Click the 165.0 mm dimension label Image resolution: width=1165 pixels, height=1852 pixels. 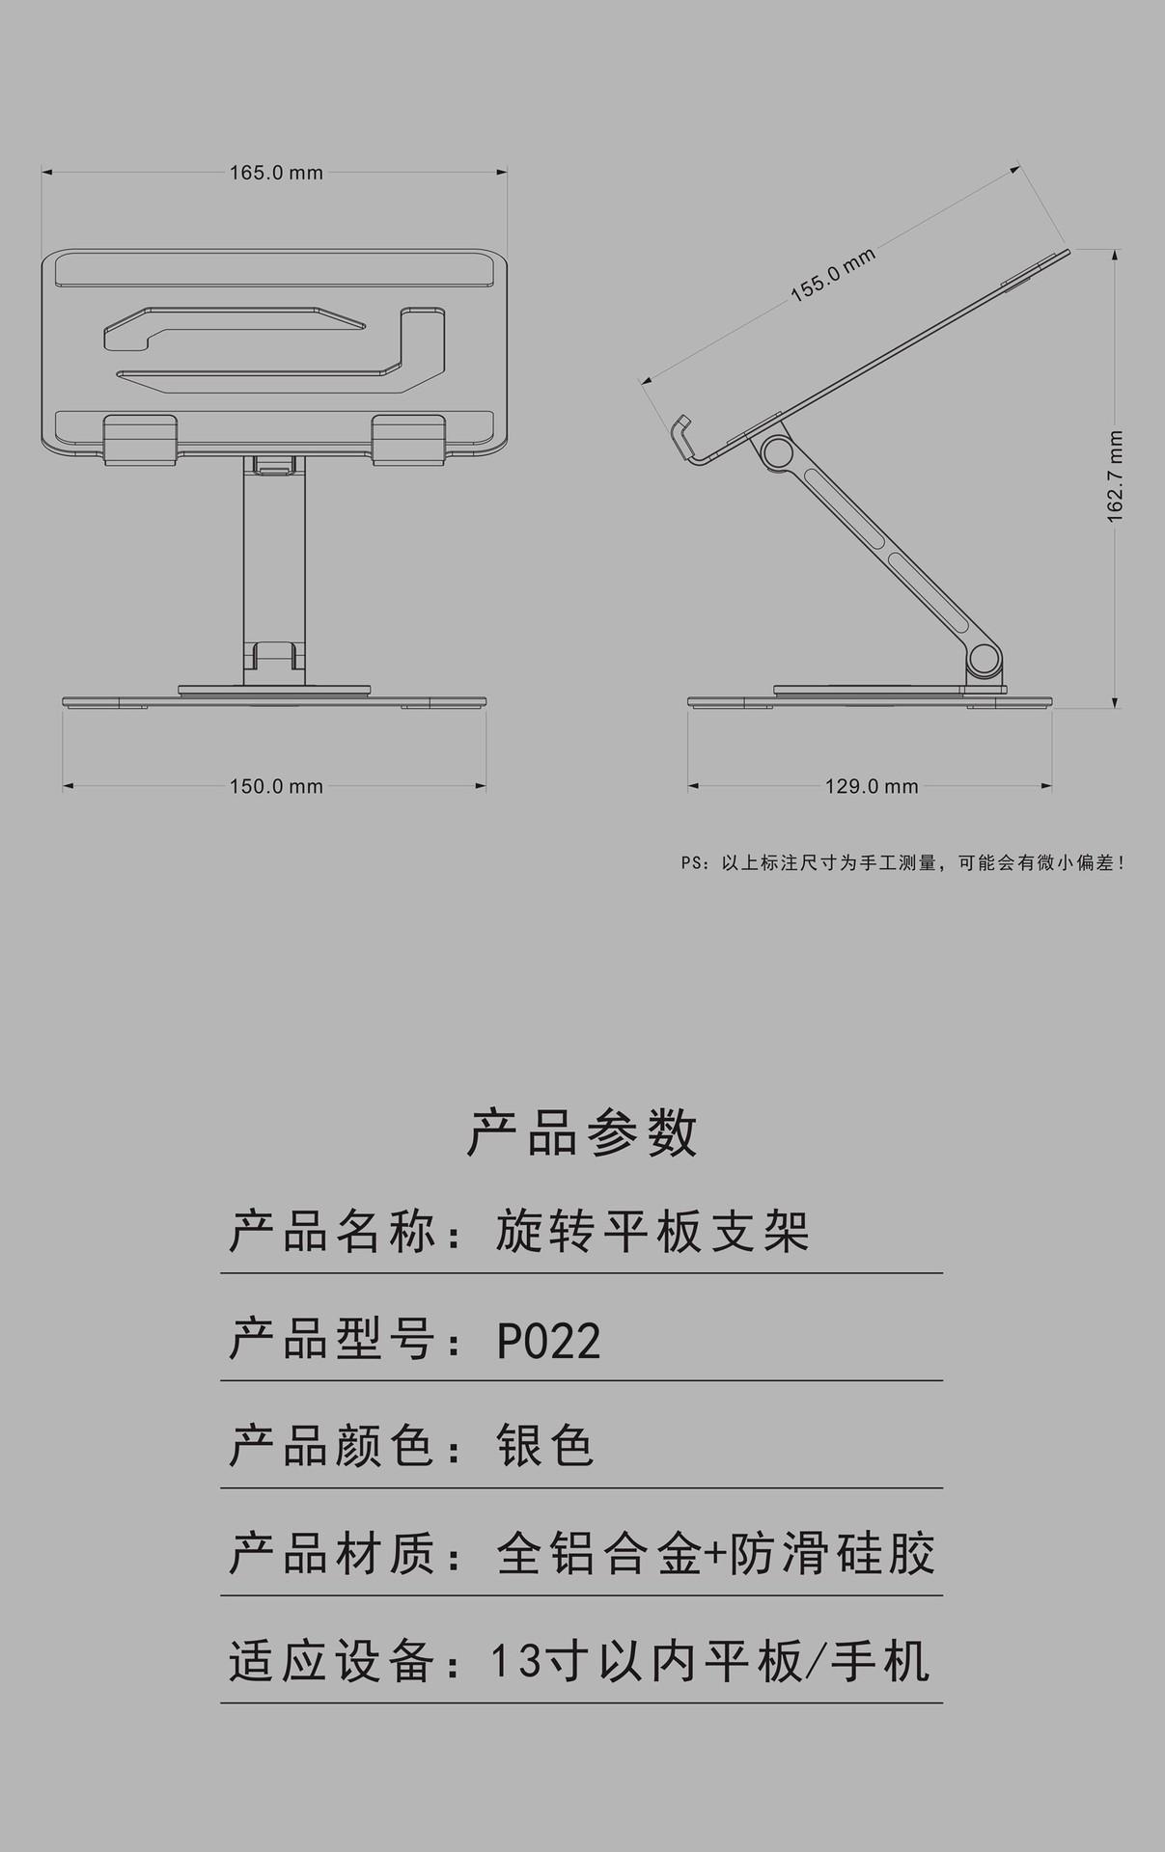coord(276,174)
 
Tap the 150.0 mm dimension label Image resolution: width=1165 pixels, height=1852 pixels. coord(276,787)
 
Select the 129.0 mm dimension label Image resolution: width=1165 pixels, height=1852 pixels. coord(871,787)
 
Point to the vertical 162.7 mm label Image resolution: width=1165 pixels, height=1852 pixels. coord(1116,477)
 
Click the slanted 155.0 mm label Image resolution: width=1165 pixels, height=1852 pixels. coord(834,275)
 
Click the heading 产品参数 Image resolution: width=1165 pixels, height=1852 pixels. coord(582,1132)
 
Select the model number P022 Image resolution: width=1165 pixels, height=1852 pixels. coord(549,1341)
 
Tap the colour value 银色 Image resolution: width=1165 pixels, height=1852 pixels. coord(545,1447)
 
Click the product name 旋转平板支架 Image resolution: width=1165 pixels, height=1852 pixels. coord(652,1233)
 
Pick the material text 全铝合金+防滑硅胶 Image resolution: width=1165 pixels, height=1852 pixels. coord(715,1554)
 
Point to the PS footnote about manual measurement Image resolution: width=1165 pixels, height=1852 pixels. coord(902,863)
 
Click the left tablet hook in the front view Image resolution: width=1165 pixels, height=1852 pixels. coord(140,438)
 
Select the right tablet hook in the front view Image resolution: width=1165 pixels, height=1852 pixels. coord(408,438)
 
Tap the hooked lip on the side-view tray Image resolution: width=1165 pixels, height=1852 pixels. coord(684,437)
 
